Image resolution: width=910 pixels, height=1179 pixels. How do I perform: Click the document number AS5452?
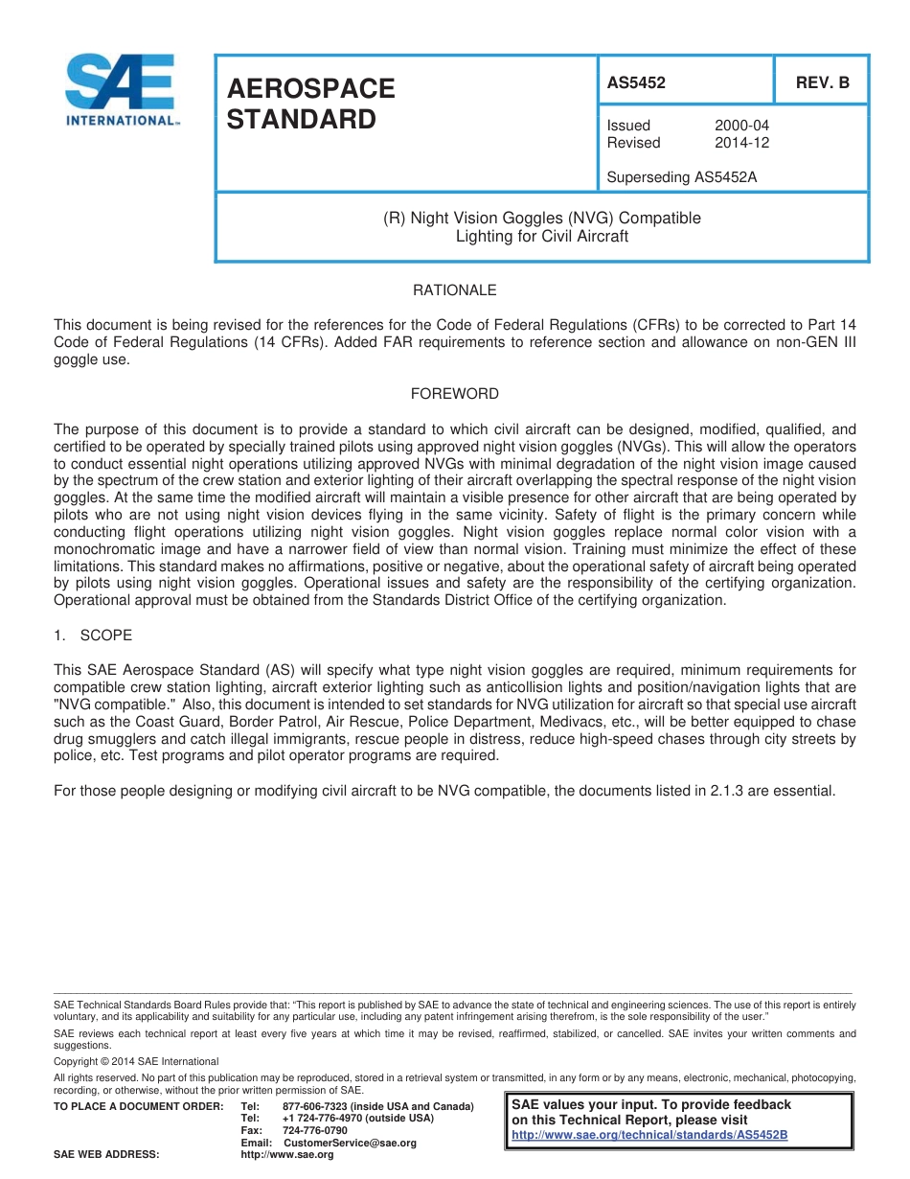click(x=636, y=83)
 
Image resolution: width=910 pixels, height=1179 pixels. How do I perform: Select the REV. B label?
click(x=822, y=83)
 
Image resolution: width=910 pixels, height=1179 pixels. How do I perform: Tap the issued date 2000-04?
click(x=741, y=126)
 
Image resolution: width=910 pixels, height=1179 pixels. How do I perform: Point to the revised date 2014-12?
click(x=741, y=143)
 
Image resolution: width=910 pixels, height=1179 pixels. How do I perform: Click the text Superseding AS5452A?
click(x=675, y=176)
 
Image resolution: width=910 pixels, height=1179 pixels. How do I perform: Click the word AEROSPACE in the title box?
click(x=311, y=89)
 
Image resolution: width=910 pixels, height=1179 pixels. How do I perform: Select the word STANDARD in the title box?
click(x=302, y=121)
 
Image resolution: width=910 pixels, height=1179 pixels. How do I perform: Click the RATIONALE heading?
click(x=454, y=290)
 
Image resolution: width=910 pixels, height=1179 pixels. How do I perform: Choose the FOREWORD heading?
click(x=454, y=394)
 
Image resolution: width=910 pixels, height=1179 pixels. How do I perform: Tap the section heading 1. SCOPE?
click(x=93, y=636)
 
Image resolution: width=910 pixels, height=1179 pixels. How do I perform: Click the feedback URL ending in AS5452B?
click(x=649, y=1135)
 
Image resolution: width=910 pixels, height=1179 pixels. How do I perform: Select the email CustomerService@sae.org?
click(x=350, y=1143)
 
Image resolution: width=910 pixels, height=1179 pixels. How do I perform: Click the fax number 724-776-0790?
click(x=315, y=1130)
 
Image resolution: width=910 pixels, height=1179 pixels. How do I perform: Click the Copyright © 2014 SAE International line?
click(x=136, y=1061)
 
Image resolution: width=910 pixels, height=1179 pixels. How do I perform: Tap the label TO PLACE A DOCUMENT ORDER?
click(x=138, y=1106)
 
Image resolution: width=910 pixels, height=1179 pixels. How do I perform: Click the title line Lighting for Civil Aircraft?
click(x=541, y=236)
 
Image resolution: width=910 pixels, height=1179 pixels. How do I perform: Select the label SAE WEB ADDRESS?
click(x=106, y=1155)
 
